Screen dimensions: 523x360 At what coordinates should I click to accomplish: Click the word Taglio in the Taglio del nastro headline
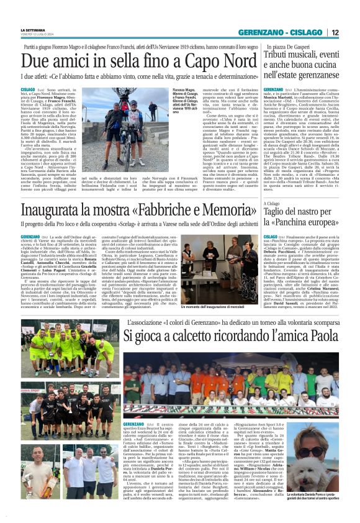coord(280,211)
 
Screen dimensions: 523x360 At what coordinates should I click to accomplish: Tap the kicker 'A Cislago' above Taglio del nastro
coord(272,202)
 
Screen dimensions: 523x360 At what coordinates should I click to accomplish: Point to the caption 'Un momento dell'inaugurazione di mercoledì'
coord(214,307)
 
